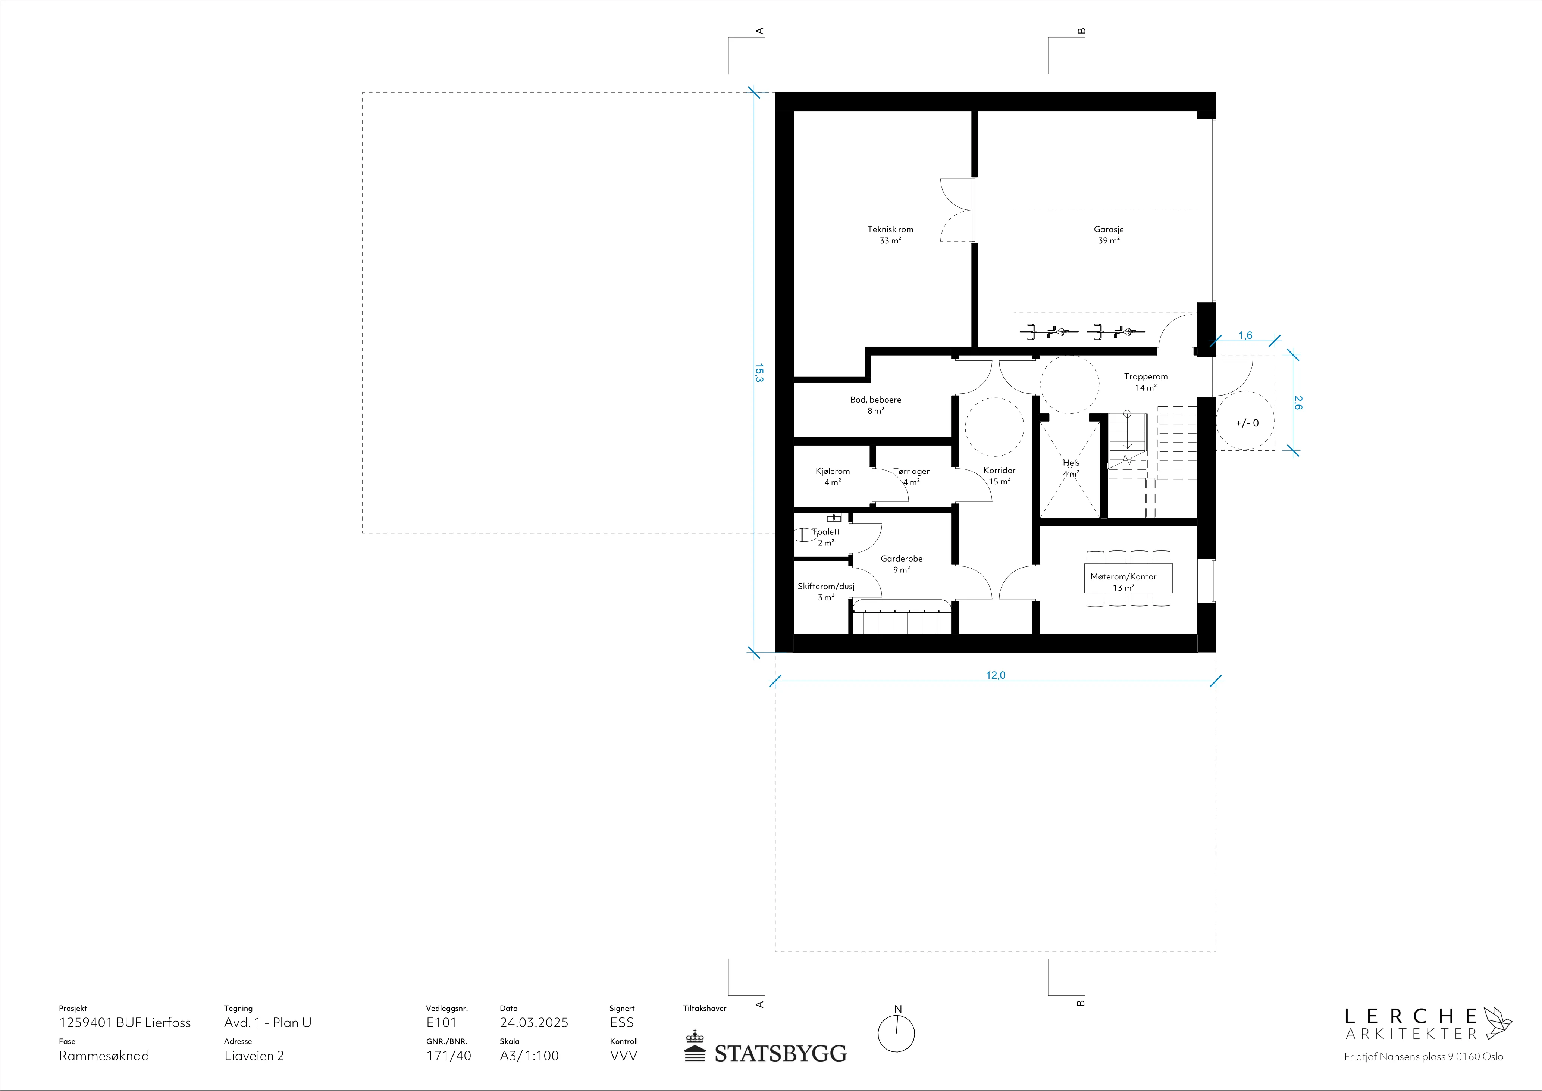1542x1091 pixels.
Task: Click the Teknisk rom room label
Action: tap(890, 234)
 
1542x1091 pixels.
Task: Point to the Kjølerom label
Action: tap(833, 471)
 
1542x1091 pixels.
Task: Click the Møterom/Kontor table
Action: tap(1129, 578)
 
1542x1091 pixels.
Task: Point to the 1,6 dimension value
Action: tap(1245, 335)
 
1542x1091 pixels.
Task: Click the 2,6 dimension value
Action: tap(1298, 403)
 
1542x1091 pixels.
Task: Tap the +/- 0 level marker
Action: tap(1247, 423)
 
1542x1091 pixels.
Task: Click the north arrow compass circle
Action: tap(897, 1033)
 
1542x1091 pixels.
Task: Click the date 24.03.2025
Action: tap(534, 1022)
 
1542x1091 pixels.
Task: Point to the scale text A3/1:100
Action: tap(529, 1056)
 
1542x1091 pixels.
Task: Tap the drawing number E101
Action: tap(441, 1022)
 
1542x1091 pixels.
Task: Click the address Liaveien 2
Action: tap(254, 1056)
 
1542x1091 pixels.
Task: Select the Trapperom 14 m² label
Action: tap(1146, 382)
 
